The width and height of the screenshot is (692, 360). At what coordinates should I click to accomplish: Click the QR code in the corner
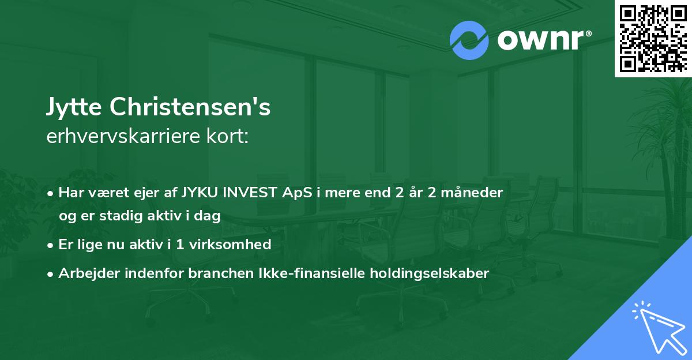[653, 38]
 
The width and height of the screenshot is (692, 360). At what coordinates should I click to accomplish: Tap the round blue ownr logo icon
[469, 40]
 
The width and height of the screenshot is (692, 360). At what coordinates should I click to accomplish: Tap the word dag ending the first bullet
[209, 216]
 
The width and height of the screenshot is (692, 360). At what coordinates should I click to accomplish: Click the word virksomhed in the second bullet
[237, 245]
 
